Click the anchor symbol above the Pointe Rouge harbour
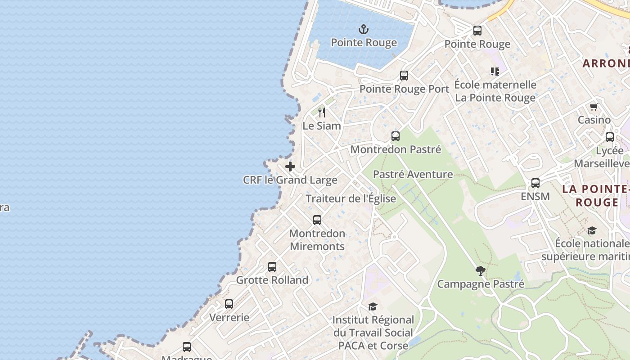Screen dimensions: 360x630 tap(364, 30)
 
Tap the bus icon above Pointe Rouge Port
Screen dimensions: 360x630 tap(404, 76)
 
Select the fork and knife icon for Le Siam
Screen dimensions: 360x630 tap(321, 112)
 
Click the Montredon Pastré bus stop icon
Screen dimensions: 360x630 tap(396, 136)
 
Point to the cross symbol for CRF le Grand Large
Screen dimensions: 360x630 tap(290, 166)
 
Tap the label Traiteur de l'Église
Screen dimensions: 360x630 tap(351, 198)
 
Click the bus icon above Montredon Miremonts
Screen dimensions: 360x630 tap(317, 220)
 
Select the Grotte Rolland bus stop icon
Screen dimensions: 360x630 tap(272, 266)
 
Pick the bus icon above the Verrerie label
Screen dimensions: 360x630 tap(229, 304)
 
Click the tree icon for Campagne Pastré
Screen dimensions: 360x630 tap(481, 271)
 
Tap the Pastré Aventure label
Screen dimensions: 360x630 tap(413, 174)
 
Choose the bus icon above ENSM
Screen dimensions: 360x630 tap(535, 183)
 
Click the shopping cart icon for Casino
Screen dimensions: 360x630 tap(594, 107)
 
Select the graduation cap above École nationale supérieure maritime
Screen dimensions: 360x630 tap(592, 231)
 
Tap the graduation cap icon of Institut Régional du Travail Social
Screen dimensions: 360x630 tap(373, 307)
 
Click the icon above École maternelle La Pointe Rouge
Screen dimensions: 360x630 tap(495, 71)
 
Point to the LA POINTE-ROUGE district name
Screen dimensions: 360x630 tap(596, 195)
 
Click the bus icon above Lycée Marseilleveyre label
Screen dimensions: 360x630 tap(610, 137)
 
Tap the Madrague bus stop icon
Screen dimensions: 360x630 tap(187, 347)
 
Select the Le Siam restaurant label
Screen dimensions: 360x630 tap(321, 126)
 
